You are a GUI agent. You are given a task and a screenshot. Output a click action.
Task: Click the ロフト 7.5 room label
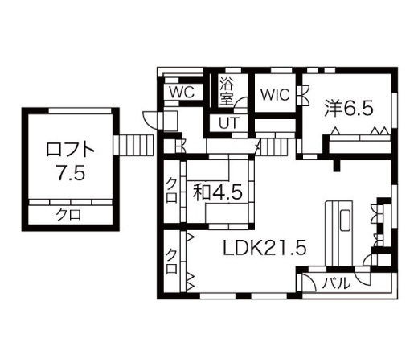pos(72,161)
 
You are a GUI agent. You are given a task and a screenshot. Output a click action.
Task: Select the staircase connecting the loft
pos(133,145)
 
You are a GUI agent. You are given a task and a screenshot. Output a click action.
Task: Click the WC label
pos(181,92)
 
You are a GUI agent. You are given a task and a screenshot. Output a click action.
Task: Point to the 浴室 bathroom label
pos(227,90)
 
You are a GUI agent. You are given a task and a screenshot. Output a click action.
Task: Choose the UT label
pos(227,122)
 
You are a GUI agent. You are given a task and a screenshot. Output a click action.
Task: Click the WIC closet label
pos(274,93)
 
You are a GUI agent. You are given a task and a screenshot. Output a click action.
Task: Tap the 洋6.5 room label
pos(349,107)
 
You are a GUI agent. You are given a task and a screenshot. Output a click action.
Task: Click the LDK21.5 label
pos(264,248)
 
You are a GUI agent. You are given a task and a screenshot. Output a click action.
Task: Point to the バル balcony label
pos(336,283)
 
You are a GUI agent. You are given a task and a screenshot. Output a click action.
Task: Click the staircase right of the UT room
pos(276,147)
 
